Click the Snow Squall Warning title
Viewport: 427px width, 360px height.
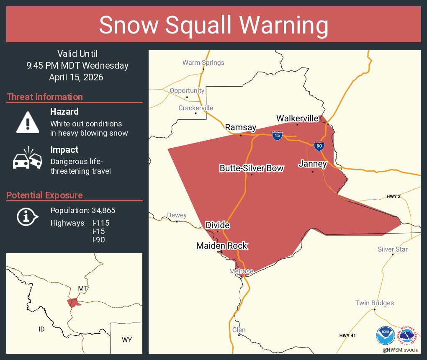(x=213, y=25)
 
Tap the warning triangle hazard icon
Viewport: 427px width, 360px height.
(x=28, y=122)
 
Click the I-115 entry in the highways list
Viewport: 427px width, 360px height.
(x=100, y=223)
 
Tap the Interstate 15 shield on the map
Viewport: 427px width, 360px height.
(x=277, y=135)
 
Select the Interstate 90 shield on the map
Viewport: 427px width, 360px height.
(x=319, y=146)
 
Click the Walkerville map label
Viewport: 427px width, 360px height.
(x=297, y=118)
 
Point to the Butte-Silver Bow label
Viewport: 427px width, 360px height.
(x=252, y=168)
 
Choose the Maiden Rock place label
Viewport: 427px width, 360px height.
(x=222, y=246)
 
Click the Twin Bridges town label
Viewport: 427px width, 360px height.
(x=374, y=303)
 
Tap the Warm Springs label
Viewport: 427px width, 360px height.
(x=203, y=63)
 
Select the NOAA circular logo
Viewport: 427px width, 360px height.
(x=386, y=336)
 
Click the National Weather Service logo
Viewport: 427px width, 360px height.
(x=409, y=336)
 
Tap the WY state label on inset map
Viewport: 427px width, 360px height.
(x=127, y=340)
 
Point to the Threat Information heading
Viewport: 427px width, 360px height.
(x=45, y=97)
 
